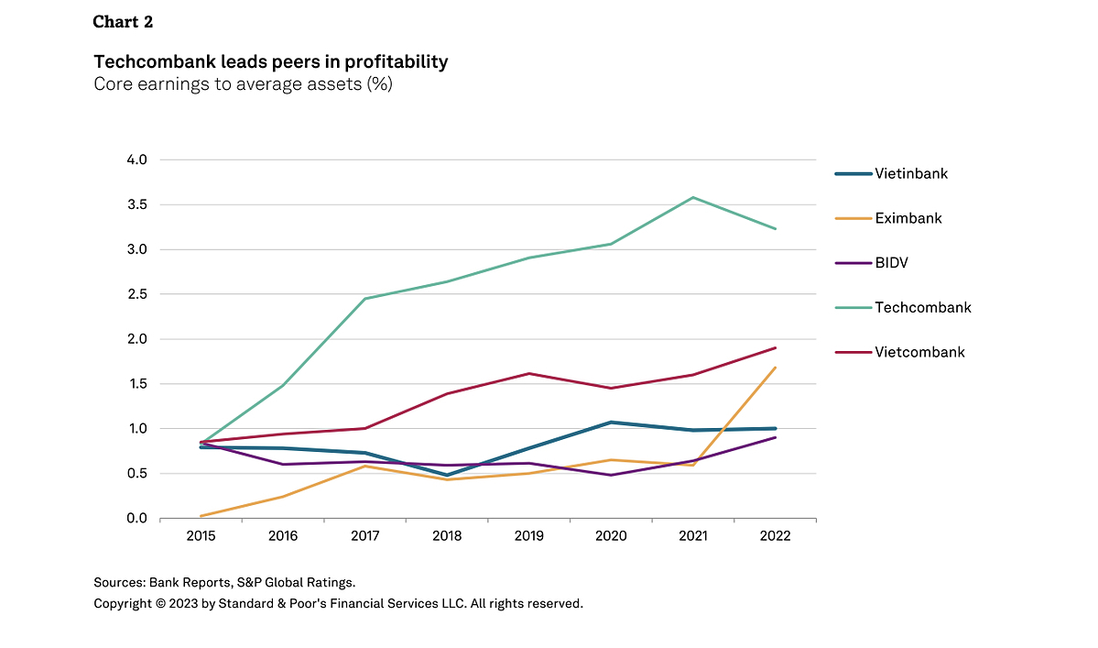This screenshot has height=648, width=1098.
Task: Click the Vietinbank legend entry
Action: [910, 173]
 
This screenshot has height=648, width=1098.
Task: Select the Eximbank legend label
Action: [908, 218]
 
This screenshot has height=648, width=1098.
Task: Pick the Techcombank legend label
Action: [922, 308]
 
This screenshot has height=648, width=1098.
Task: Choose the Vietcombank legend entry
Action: [919, 352]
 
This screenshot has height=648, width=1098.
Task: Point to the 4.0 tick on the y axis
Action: [136, 159]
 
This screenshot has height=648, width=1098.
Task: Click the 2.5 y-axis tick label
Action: [136, 294]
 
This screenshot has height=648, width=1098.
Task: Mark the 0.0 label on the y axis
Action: [136, 519]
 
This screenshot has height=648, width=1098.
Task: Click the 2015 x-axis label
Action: [201, 536]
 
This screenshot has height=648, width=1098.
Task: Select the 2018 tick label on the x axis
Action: [447, 536]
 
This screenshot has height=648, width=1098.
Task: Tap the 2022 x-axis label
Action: [775, 536]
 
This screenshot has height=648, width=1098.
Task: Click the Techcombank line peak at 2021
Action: [693, 197]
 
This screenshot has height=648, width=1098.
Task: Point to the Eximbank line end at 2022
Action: [776, 368]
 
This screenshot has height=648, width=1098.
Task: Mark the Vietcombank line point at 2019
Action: [529, 373]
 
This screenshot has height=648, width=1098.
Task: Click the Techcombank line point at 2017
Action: [364, 299]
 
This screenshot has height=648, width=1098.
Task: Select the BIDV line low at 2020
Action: [611, 475]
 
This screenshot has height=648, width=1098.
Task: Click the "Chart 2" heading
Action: [123, 22]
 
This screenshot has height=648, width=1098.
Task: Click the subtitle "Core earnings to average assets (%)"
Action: [243, 85]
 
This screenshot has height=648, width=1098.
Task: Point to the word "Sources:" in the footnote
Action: [119, 582]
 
